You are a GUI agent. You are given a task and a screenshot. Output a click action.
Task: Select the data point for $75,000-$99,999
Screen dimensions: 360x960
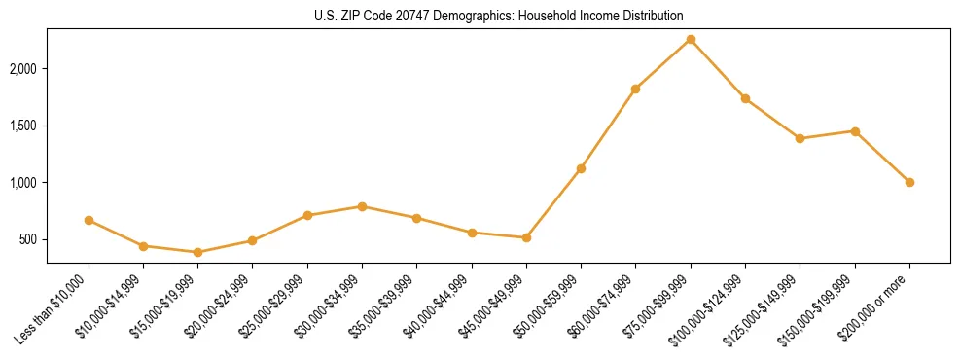(x=691, y=39)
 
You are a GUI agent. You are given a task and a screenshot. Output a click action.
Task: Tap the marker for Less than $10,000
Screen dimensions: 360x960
(x=89, y=220)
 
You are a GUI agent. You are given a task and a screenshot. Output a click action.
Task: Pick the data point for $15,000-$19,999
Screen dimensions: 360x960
(x=197, y=252)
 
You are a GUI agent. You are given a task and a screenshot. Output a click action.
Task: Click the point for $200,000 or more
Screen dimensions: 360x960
(x=909, y=182)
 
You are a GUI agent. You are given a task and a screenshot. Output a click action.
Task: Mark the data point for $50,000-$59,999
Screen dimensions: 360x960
(x=581, y=168)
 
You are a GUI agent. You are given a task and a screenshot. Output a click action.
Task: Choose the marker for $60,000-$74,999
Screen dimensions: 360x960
(x=635, y=89)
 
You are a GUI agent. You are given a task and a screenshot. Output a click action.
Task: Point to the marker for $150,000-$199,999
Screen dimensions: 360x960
(x=855, y=131)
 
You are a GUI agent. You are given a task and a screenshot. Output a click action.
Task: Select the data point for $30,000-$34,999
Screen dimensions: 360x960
(x=362, y=206)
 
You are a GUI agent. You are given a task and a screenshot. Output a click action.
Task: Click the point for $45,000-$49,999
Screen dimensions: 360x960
(x=526, y=237)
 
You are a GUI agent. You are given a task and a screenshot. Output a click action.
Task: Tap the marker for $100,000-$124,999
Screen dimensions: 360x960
(x=745, y=98)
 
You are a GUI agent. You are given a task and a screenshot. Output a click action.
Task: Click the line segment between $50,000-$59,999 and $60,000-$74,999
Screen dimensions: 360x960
(x=608, y=128)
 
